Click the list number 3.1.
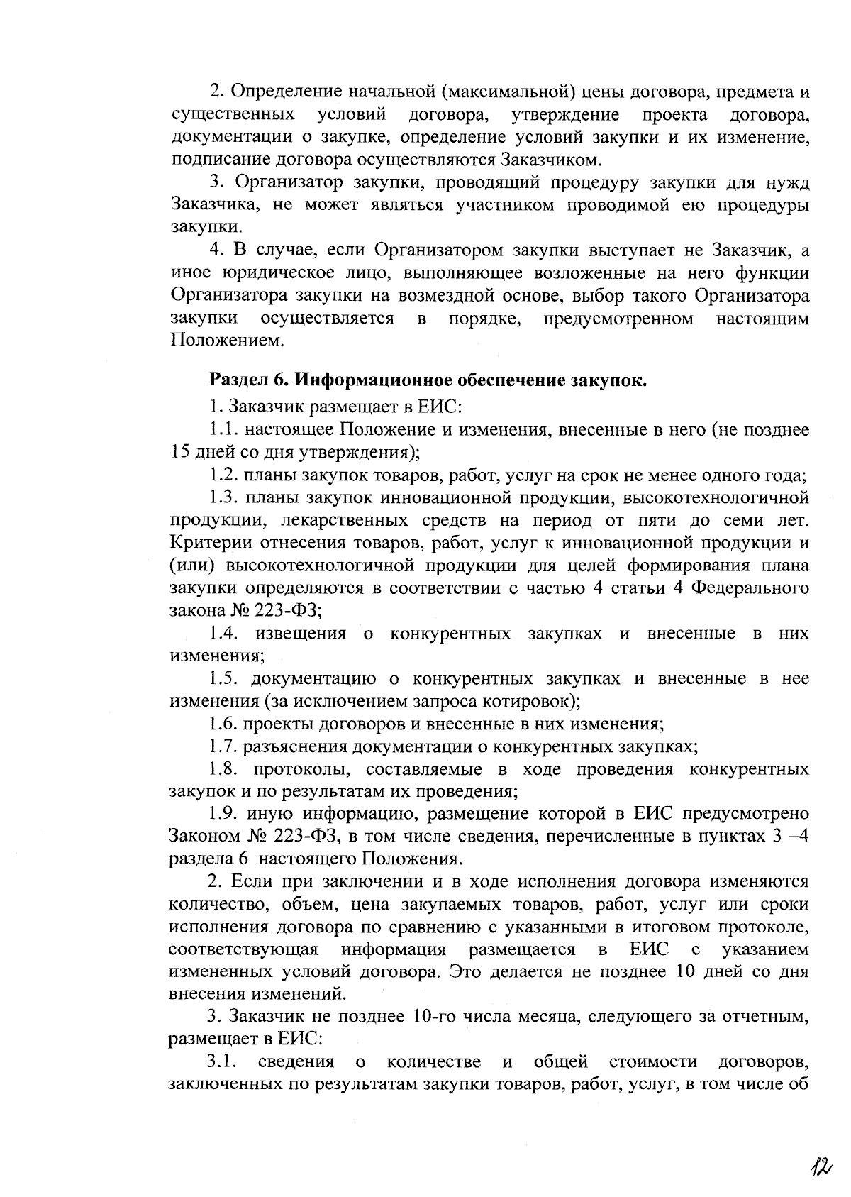tap(222, 1062)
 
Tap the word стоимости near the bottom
tap(652, 1062)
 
